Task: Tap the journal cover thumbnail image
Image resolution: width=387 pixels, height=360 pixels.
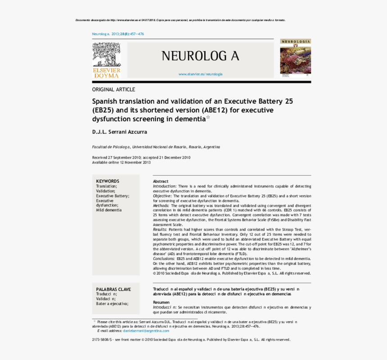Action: coord(295,59)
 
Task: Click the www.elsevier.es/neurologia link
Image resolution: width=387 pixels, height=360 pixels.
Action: coord(200,74)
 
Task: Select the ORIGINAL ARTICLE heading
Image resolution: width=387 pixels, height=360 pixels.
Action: coord(113,89)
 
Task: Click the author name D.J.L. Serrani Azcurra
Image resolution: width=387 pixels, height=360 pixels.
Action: coord(119,132)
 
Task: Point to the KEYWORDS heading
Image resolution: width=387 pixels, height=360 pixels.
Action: coord(108,181)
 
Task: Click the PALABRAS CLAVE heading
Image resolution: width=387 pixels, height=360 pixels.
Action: coord(113,289)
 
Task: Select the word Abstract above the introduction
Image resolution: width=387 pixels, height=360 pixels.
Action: coord(160,181)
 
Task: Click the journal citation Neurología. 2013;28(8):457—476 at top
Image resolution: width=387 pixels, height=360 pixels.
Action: coord(118,34)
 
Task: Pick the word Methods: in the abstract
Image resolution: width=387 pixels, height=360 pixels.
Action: coord(161,205)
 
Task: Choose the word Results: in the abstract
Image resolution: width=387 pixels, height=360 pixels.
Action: coord(160,229)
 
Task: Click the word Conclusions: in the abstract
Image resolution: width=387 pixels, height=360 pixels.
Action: coord(164,259)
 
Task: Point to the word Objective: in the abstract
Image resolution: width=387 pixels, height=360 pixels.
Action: coord(162,196)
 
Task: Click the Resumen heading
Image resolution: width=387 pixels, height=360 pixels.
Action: coord(161,302)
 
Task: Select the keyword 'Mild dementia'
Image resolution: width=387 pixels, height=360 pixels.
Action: coord(108,210)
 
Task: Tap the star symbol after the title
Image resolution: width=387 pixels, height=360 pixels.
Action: coord(208,118)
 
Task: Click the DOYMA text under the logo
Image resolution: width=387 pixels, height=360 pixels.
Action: coord(106,76)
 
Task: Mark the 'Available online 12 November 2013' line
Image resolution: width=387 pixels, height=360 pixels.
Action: coord(121,162)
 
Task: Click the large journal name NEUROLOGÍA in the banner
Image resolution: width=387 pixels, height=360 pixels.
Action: coord(200,56)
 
